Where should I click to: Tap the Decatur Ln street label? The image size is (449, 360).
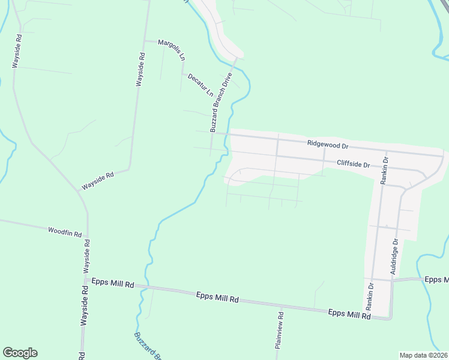(x=200, y=85)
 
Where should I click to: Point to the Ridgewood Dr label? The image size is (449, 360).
(x=327, y=145)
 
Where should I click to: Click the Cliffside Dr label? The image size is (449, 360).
(x=352, y=163)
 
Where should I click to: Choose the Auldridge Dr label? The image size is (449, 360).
(x=394, y=257)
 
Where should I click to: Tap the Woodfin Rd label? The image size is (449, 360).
(x=64, y=231)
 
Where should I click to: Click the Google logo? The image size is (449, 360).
(x=20, y=353)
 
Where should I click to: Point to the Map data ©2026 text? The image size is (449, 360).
(x=423, y=355)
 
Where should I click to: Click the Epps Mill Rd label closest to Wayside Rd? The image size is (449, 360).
(x=112, y=283)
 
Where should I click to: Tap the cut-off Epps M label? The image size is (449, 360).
(x=436, y=280)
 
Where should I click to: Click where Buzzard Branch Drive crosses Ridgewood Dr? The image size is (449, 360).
(x=211, y=133)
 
